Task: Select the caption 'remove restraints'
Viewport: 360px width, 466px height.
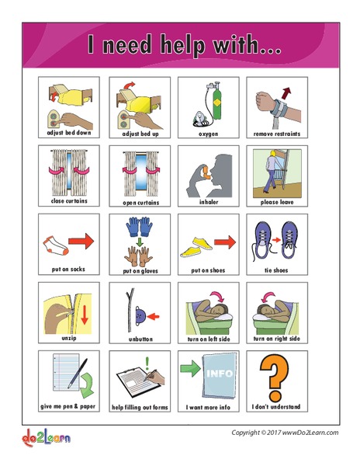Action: pyautogui.click(x=277, y=134)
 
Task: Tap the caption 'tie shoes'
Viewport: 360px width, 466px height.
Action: pyautogui.click(x=277, y=270)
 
